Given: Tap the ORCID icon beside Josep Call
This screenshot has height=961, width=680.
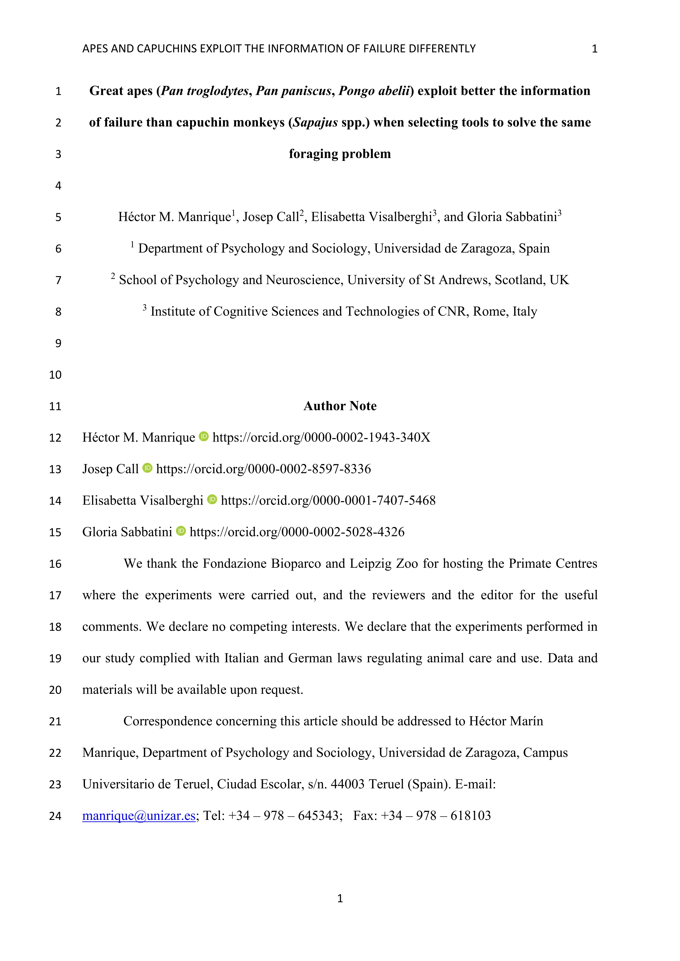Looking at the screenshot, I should pyautogui.click(x=148, y=468).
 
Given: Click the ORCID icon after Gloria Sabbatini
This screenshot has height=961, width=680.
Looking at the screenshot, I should pyautogui.click(x=181, y=531).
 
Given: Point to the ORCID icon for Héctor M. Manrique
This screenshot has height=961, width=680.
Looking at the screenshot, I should pyautogui.click(x=204, y=437).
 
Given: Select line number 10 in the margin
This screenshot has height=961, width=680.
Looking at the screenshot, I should pyautogui.click(x=55, y=375).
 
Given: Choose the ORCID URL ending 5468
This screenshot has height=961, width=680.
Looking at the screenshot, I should pyautogui.click(x=328, y=501).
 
